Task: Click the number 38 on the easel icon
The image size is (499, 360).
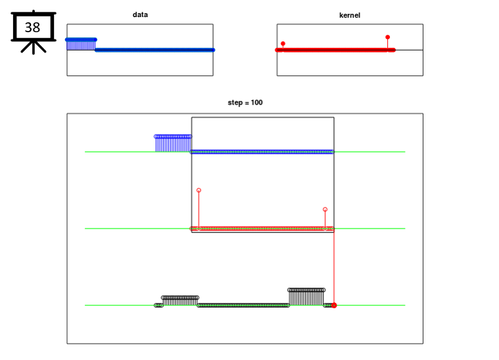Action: click(32, 28)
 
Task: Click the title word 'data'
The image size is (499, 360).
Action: click(140, 14)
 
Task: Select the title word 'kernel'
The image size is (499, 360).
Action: click(350, 15)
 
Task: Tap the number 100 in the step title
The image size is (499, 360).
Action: click(256, 102)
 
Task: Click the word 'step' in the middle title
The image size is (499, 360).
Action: click(235, 102)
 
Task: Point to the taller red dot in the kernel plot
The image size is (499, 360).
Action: click(388, 37)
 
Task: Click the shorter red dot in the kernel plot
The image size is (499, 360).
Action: click(283, 43)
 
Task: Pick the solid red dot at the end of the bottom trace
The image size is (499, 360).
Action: click(334, 305)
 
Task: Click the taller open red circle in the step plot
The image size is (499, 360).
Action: click(199, 190)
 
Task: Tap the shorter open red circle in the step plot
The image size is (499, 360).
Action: click(325, 210)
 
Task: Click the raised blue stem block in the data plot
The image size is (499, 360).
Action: click(81, 44)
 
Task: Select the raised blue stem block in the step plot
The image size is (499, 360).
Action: click(173, 144)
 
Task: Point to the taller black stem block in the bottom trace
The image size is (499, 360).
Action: click(306, 297)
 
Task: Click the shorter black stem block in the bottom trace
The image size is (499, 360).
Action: click(180, 300)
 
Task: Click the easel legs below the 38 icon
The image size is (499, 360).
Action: click(34, 47)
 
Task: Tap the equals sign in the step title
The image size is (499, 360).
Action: click(247, 102)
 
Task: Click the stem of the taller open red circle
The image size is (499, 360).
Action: click(199, 210)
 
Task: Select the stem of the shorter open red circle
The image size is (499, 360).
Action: click(325, 220)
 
